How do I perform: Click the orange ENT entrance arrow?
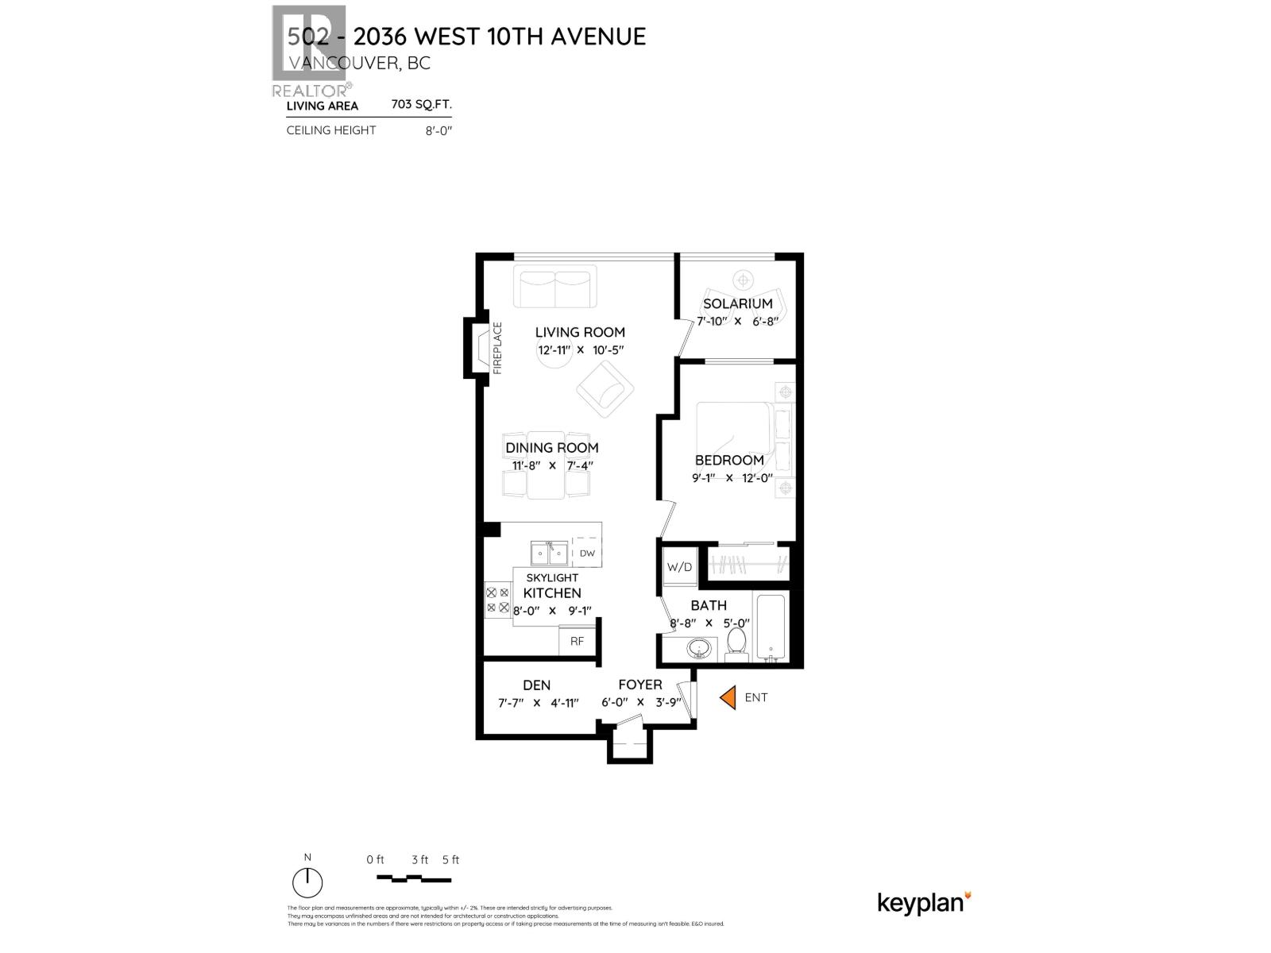(727, 698)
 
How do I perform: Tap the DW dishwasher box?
(587, 553)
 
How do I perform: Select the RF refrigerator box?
(578, 641)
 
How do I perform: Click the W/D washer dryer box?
(680, 567)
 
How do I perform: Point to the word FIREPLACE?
(498, 348)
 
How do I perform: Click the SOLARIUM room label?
(737, 303)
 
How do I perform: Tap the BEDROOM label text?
(729, 460)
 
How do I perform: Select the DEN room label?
(536, 685)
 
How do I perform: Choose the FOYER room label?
(640, 685)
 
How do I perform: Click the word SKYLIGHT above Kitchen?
(552, 577)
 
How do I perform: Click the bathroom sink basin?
(700, 649)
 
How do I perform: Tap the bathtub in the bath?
(771, 627)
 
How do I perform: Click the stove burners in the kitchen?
(497, 600)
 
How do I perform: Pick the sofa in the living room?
(554, 287)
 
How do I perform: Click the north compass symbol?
(307, 882)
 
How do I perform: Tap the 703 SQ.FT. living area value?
(421, 104)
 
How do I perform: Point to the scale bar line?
(413, 879)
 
